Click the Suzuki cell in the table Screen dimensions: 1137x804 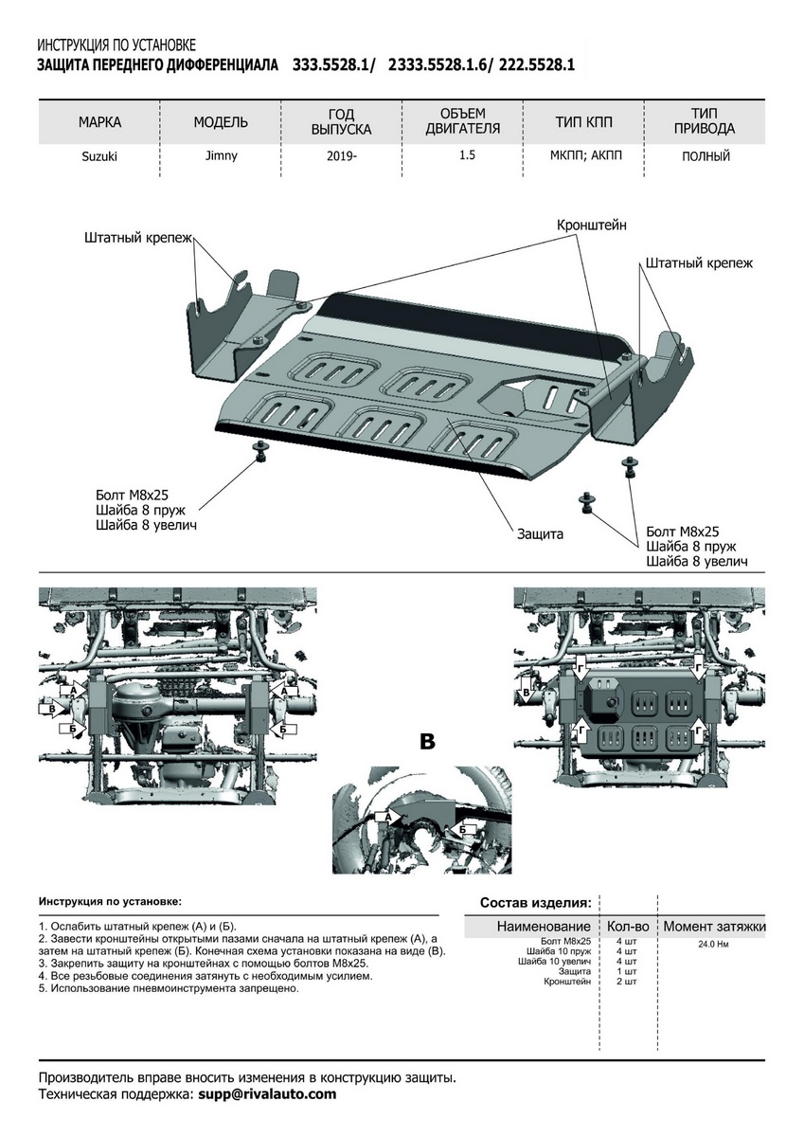tap(99, 157)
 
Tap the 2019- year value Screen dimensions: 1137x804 tap(342, 157)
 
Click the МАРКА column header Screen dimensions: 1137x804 tap(99, 122)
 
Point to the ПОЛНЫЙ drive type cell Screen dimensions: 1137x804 tap(706, 157)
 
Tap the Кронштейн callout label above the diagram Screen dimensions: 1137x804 tap(591, 225)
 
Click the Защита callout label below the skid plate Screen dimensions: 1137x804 tap(540, 534)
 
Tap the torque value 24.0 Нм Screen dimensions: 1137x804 tap(714, 944)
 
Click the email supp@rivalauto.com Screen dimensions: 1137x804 tap(267, 1094)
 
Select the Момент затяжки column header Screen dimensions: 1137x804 tap(714, 926)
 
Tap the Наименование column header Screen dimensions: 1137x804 tap(544, 926)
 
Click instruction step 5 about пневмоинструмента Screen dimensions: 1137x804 tap(169, 988)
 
